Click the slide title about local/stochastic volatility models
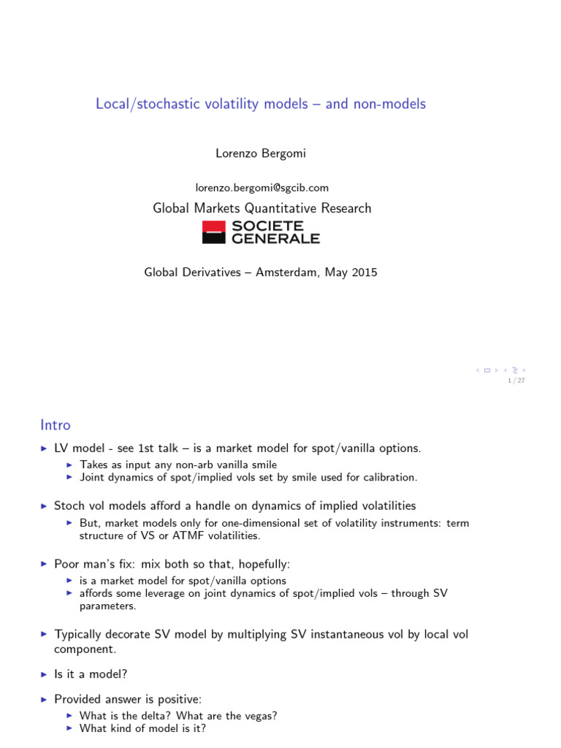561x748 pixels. pyautogui.click(x=260, y=104)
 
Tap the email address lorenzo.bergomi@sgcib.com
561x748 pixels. pyautogui.click(x=262, y=188)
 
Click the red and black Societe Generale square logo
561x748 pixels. pyautogui.click(x=214, y=232)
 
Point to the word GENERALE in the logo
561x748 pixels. pyautogui.click(x=275, y=238)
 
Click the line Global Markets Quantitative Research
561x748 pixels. pyautogui.click(x=262, y=208)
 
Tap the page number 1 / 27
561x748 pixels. pyautogui.click(x=516, y=380)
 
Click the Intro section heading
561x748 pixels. pyautogui.click(x=56, y=424)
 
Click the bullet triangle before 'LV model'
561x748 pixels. pyautogui.click(x=44, y=449)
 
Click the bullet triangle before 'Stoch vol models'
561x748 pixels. pyautogui.click(x=44, y=505)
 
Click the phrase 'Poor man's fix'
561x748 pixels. pyautogui.click(x=88, y=564)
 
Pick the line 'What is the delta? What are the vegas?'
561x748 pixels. pyautogui.click(x=178, y=715)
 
